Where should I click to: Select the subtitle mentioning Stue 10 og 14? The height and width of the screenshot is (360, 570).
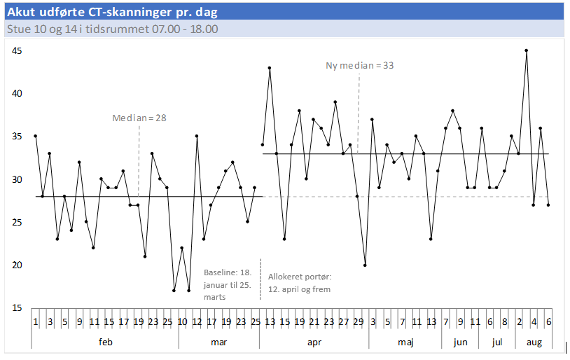click(x=112, y=29)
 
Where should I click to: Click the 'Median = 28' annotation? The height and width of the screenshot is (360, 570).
click(x=139, y=118)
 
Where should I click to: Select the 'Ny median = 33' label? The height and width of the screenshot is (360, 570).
click(x=360, y=65)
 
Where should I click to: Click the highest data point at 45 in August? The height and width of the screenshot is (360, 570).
click(x=526, y=50)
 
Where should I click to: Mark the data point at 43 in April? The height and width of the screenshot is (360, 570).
click(x=270, y=68)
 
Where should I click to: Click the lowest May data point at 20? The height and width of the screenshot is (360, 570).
click(x=365, y=265)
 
